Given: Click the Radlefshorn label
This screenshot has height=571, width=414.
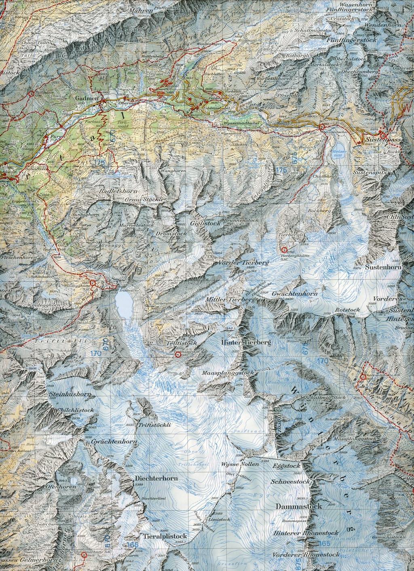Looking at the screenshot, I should [120, 191].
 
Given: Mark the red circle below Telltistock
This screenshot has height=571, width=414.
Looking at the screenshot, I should [177, 355].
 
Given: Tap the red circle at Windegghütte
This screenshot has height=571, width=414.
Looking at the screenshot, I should [93, 283].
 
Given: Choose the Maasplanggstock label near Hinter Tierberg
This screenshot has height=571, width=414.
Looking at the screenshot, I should [228, 372].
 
